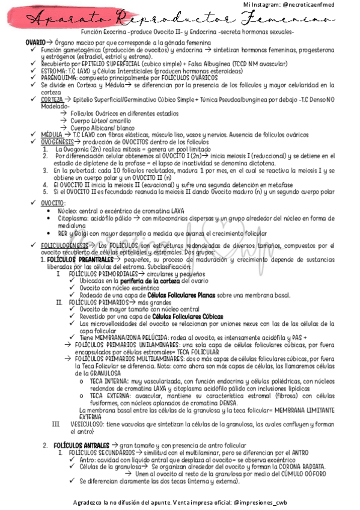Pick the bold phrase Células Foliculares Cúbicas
[188, 316]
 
